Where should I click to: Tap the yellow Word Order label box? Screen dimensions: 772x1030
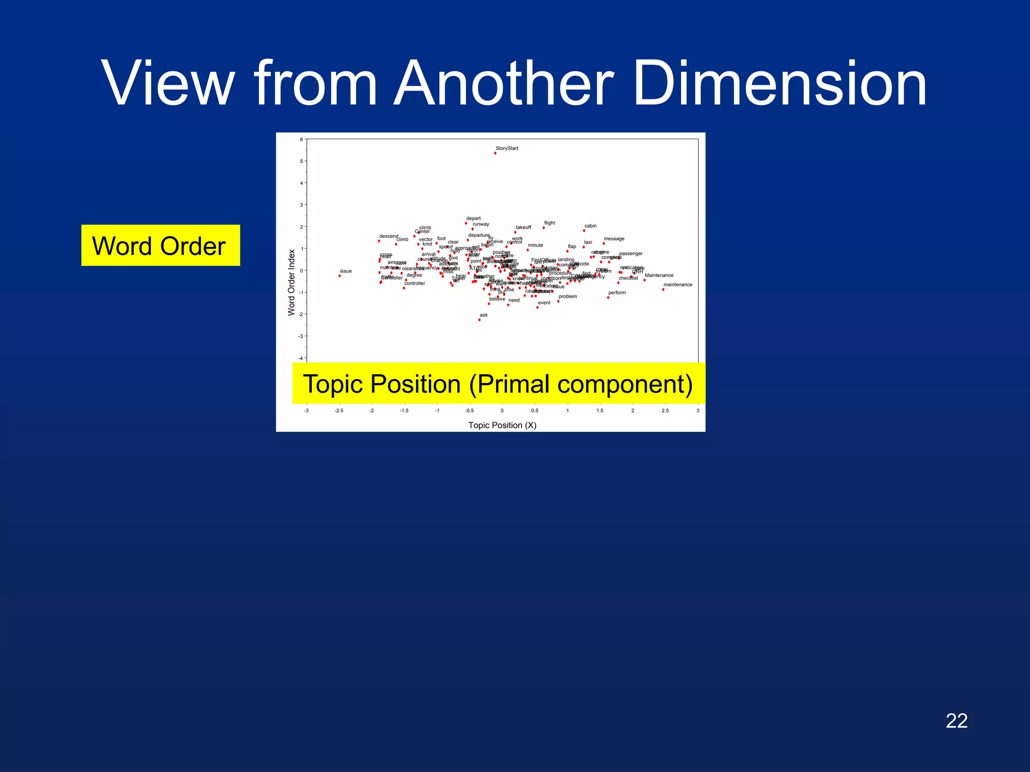160,246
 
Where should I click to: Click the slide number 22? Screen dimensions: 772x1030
956,721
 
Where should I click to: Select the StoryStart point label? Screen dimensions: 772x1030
506,148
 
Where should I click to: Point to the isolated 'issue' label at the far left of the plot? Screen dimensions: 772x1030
346,271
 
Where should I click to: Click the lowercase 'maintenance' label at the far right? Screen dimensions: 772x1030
677,284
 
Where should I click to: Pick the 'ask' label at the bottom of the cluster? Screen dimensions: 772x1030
483,315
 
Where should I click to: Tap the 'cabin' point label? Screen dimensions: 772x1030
590,226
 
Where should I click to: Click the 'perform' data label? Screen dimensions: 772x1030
617,293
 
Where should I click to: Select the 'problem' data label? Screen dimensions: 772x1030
567,297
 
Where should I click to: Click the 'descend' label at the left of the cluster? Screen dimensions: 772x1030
388,236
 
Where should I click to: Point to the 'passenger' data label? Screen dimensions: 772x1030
631,253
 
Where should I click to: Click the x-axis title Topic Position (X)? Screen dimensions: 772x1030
502,425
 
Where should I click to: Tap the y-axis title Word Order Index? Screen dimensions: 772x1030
291,282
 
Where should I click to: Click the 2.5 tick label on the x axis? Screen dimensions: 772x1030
665,411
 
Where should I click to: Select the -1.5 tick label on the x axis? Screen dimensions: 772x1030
404,411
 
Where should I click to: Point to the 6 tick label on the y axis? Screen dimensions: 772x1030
301,140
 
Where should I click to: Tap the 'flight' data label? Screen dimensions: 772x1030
549,223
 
